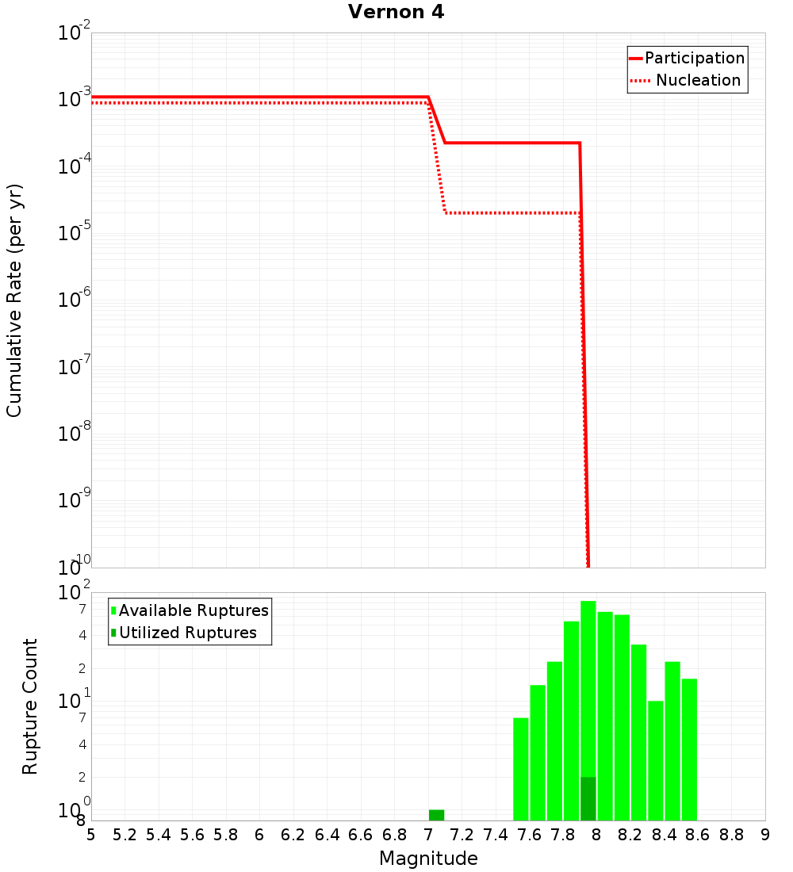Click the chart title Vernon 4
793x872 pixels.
tap(396, 12)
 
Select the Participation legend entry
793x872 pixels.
tap(694, 58)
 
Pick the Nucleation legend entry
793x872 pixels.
tap(698, 80)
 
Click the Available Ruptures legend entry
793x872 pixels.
tap(193, 610)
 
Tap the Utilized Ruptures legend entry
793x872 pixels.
tap(187, 633)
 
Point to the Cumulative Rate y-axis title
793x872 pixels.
tap(14, 300)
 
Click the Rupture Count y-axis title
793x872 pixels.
tap(30, 706)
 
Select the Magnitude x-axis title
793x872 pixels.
tap(428, 859)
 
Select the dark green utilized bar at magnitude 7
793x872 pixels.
tap(437, 815)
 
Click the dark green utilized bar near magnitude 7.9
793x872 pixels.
tap(588, 798)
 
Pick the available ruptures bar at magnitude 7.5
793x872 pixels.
tap(521, 769)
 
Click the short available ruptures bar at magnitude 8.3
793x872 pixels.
tap(656, 760)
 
